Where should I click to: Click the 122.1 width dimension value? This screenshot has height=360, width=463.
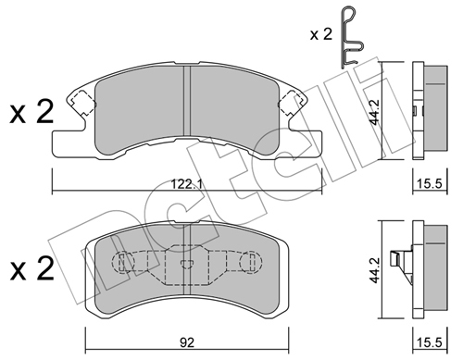click(x=187, y=185)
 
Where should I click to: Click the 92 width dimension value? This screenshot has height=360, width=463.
click(x=187, y=342)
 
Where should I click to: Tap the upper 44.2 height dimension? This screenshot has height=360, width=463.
click(x=375, y=112)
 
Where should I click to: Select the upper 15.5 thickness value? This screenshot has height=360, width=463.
click(x=430, y=184)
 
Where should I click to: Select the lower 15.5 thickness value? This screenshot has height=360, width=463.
click(x=430, y=342)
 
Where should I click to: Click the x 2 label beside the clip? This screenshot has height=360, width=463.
click(x=321, y=34)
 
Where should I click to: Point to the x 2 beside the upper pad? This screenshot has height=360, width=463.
click(x=31, y=112)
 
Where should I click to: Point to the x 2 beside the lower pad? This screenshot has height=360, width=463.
click(x=31, y=268)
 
